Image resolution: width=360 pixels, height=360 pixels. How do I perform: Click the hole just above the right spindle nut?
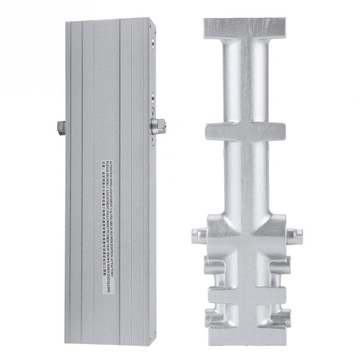point(153,97)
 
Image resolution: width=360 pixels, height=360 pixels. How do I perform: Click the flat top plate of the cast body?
point(244,28)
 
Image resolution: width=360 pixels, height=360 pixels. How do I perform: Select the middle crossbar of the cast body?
point(245,131)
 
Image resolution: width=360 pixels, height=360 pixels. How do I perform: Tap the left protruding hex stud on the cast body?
point(198,235)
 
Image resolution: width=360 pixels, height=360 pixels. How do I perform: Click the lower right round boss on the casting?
point(280,317)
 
